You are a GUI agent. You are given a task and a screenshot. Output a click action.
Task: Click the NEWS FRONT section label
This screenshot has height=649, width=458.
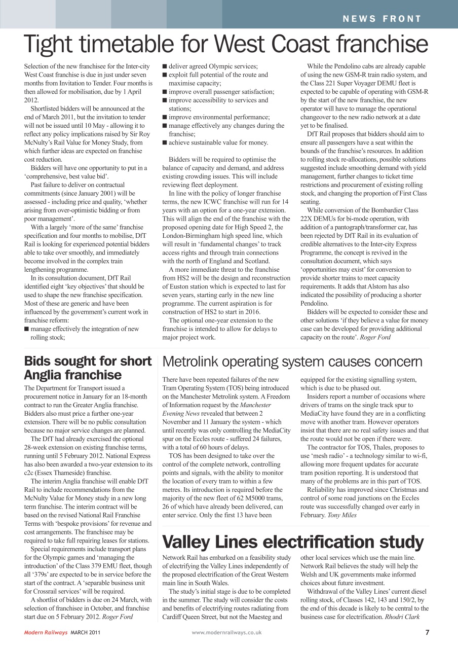click(382, 19)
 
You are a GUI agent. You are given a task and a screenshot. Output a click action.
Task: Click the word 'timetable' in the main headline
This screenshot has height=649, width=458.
click(125, 45)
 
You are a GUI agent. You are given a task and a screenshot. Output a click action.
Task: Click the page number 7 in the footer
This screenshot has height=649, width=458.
click(427, 632)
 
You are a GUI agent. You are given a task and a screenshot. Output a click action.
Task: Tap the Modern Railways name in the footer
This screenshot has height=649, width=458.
click(46, 632)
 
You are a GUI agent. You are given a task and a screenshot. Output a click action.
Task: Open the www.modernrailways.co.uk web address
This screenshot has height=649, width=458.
click(226, 632)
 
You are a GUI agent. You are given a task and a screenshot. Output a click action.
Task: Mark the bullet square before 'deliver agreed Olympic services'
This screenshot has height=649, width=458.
click(165, 66)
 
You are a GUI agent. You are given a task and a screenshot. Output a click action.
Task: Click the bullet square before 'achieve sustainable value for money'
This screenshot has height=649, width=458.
click(165, 142)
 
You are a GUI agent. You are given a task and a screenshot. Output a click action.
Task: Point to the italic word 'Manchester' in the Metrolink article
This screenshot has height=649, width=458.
click(255, 405)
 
